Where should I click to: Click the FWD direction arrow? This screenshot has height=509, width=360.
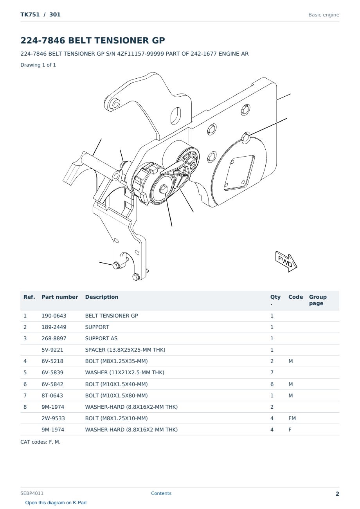pos(286,261)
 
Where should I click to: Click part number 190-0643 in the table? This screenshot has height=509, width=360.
pos(54,316)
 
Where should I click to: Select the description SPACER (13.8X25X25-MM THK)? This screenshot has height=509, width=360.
pos(125,350)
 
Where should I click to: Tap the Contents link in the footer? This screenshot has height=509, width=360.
pos(161,493)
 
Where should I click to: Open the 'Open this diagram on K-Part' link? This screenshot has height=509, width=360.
pos(56,502)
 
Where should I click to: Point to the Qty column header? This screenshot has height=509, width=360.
pos(275,300)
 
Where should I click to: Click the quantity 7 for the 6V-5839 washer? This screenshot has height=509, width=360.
pos(272,372)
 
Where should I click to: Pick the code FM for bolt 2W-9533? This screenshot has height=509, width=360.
pos(292,418)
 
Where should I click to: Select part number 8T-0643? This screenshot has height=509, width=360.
pos(52,395)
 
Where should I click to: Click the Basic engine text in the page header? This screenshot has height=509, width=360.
pos(324,15)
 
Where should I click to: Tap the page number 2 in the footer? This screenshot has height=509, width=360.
pos(337,494)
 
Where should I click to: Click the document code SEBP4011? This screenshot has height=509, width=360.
pos(32,493)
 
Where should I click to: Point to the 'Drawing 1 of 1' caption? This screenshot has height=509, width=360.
pos(38,65)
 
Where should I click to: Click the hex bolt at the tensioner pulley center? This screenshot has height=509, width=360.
pos(164,189)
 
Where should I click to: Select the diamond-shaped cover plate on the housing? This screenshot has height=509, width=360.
pos(239,173)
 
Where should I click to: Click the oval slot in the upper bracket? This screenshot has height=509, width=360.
pos(176,116)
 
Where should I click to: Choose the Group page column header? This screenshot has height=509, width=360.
pos(318,300)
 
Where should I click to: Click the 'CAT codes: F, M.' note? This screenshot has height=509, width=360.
pos(40,442)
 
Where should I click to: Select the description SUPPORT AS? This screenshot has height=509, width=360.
pos(101,338)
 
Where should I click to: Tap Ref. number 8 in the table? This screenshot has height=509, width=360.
pos(25,407)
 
